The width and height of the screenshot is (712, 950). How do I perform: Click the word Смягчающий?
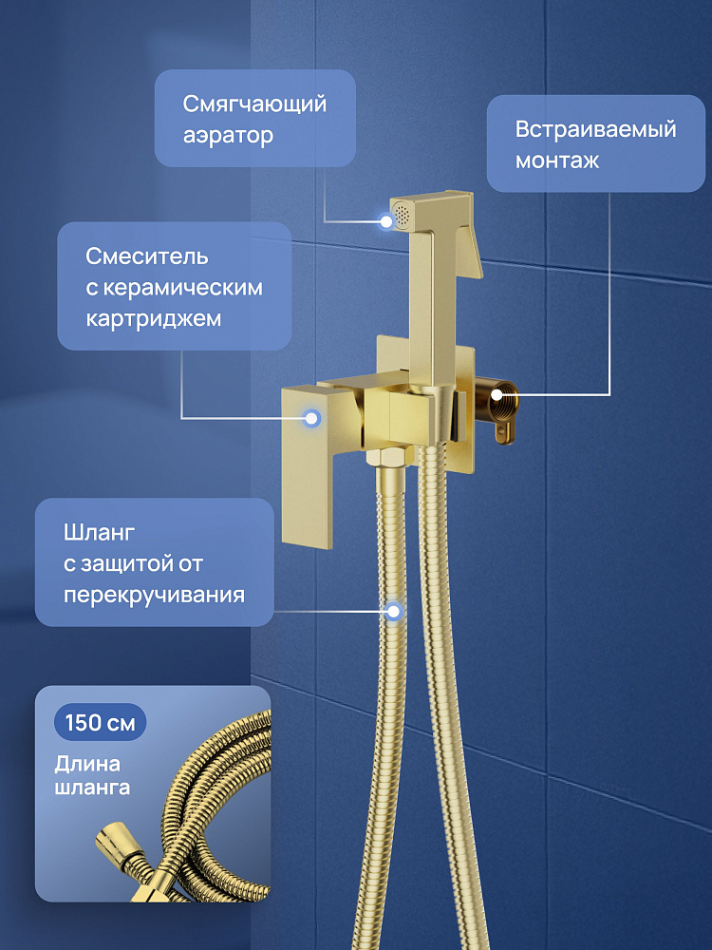[254, 104]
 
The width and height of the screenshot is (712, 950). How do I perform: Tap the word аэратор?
[228, 135]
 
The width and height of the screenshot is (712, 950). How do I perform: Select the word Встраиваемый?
[596, 129]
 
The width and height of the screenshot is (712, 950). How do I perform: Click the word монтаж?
[557, 161]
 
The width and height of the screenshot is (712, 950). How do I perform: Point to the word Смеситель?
[147, 256]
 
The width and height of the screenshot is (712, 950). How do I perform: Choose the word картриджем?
[154, 319]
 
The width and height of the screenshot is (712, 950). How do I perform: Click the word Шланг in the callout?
[100, 533]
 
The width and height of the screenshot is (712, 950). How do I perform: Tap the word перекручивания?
[155, 595]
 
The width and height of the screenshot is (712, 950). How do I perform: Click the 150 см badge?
[101, 722]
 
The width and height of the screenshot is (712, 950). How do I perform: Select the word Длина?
[87, 764]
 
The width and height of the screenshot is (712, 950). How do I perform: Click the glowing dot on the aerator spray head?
[386, 221]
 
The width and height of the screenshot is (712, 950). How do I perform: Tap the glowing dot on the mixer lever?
[312, 417]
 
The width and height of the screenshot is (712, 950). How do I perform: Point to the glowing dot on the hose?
[394, 611]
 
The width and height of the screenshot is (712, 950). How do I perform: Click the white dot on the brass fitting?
[497, 395]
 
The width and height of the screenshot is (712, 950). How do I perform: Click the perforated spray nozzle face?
[402, 215]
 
